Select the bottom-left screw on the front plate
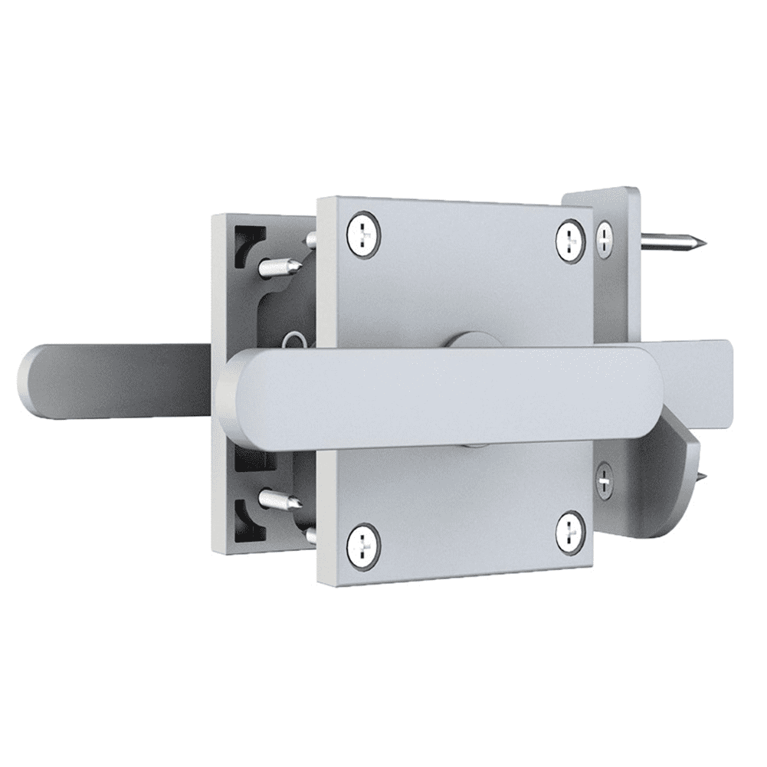click(362, 543)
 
